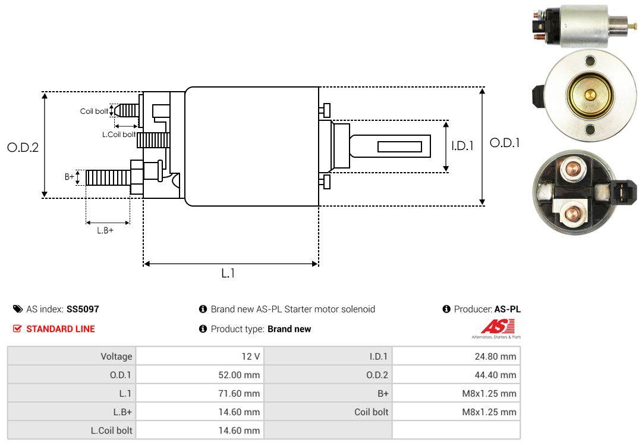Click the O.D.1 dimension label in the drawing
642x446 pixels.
tap(505, 143)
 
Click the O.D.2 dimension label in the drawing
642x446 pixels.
tap(23, 147)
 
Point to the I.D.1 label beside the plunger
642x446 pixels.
tap(462, 145)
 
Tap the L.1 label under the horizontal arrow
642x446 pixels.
tap(229, 273)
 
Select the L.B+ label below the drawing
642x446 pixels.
tap(105, 230)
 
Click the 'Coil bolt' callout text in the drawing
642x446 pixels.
tap(94, 111)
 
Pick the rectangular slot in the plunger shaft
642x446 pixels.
tap(399, 146)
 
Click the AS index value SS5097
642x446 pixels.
tap(83, 309)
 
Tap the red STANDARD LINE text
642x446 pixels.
tap(60, 329)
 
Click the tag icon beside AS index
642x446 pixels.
tap(18, 309)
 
